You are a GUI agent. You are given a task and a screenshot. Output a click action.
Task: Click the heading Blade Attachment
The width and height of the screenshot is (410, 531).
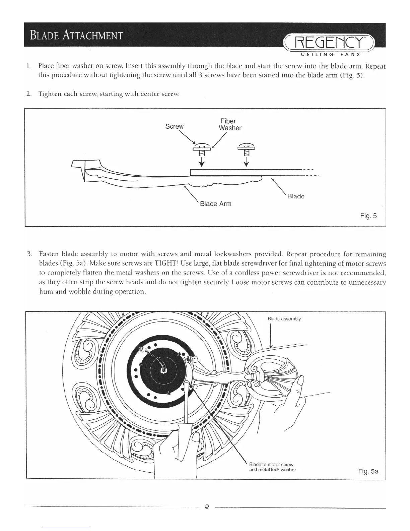coord(76,35)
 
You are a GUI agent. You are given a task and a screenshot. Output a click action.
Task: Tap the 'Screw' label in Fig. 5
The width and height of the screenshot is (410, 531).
coord(175,127)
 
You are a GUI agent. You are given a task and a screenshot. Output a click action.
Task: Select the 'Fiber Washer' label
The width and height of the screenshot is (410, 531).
coord(230,124)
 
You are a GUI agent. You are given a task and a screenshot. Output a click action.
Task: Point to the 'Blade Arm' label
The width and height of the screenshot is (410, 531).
coord(215,204)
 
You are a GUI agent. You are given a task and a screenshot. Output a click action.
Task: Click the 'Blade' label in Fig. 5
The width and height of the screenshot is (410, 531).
coord(296,196)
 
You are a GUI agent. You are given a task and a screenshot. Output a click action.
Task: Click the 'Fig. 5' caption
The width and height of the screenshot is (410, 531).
coord(368,216)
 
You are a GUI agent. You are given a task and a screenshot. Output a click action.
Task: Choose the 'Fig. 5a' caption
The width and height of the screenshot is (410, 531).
coord(368,472)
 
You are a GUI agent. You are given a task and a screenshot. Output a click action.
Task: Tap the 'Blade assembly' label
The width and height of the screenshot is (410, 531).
coord(284,319)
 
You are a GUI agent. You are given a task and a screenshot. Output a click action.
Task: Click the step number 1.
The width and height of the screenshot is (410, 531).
coord(29,66)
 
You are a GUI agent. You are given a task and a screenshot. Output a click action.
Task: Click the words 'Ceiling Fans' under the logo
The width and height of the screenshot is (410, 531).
coord(330,55)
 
